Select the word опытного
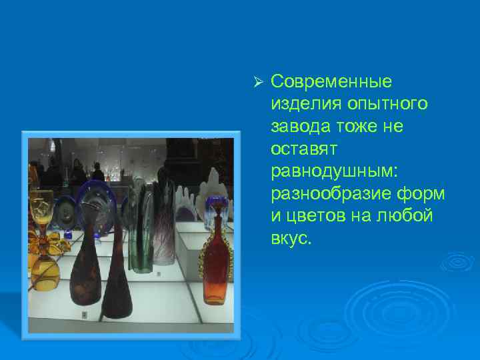[386, 105]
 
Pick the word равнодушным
[334, 171]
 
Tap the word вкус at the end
[291, 238]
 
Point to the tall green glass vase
[141, 227]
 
